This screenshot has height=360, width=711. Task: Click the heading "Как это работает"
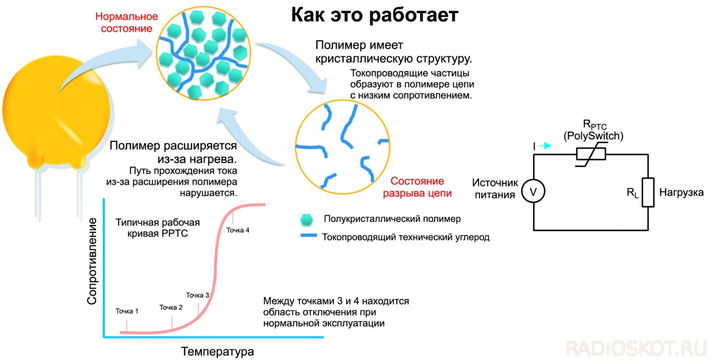coord(375,15)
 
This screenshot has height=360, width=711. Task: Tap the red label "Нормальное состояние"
coord(127,22)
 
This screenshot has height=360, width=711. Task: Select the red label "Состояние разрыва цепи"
coord(417,187)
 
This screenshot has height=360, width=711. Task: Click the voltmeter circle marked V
coord(533,192)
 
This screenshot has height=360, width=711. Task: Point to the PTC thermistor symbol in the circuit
coord(591,154)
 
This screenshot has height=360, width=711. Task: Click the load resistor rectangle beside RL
coord(648,192)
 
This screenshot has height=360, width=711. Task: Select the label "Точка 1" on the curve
coord(127,311)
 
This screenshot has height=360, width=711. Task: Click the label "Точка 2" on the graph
coord(171,308)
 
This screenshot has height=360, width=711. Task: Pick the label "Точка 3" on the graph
coord(197,295)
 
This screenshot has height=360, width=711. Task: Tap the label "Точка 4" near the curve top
coord(238,230)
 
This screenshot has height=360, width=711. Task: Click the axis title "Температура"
coord(217,352)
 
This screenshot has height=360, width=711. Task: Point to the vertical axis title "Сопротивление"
coord(92,261)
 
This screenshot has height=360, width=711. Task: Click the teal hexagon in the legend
coord(306,219)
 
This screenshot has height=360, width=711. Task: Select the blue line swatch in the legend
coord(309,236)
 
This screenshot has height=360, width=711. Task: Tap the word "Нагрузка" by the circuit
coord(681,193)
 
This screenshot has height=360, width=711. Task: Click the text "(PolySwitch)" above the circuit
coord(593,136)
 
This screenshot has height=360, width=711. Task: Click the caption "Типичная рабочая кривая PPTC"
coord(158,228)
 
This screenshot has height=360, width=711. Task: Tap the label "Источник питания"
coord(495,189)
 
